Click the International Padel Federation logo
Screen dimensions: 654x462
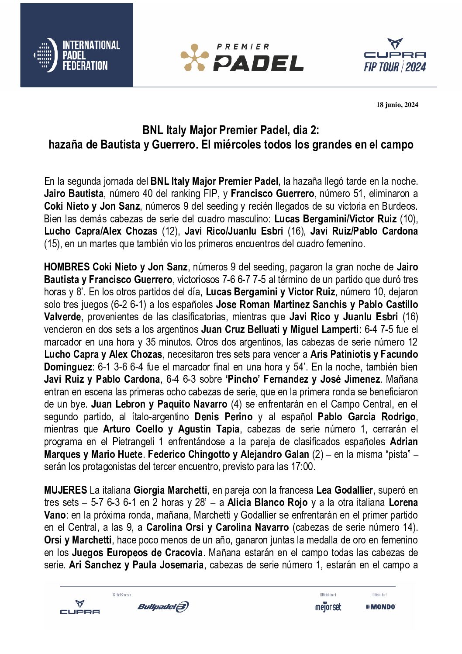[77, 55]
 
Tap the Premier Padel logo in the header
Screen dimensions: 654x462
[242, 57]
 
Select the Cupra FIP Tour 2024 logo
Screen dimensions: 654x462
[395, 55]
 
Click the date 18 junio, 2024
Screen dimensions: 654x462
[397, 105]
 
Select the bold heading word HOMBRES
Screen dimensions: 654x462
[67, 267]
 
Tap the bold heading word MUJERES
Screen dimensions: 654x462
[66, 490]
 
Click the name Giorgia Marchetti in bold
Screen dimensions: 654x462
[170, 490]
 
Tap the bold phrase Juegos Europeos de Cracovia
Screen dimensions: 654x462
[137, 553]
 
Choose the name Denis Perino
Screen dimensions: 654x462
[224, 417]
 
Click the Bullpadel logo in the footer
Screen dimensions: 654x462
[163, 606]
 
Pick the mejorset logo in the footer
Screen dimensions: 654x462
[328, 607]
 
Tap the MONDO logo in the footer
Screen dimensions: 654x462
[380, 606]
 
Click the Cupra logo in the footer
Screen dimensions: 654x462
[80, 607]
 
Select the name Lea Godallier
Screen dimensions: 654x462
[345, 490]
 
